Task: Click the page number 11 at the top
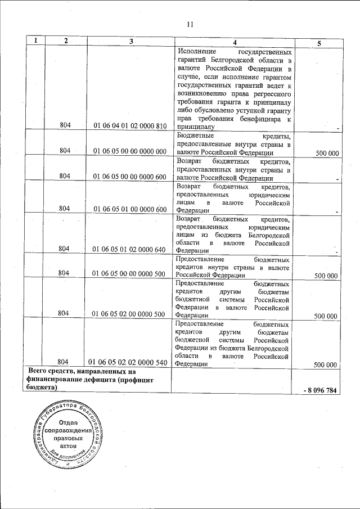[x=190, y=24]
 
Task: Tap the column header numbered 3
[x=130, y=41]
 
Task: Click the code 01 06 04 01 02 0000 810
[x=129, y=126]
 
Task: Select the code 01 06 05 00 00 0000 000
[x=129, y=151]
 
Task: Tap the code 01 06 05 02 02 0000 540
[x=129, y=363]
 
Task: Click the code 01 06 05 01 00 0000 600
[x=129, y=209]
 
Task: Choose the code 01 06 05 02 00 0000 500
[x=129, y=314]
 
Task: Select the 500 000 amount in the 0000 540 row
[x=326, y=364]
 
